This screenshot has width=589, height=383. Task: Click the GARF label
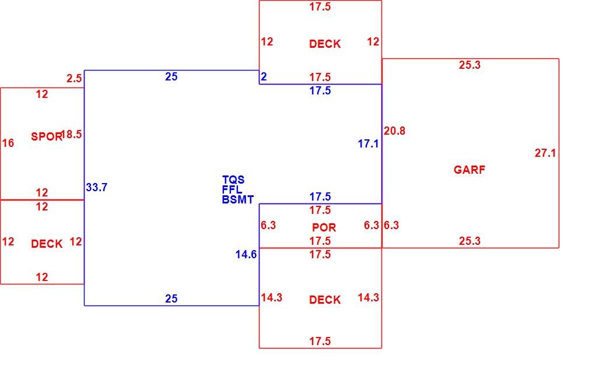point(469,170)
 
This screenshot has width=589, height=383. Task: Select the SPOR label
point(46,136)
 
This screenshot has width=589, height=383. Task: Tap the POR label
point(324,227)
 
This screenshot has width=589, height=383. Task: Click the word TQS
point(233,180)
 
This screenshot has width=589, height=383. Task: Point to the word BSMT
point(238,199)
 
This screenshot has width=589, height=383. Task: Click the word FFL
point(232,189)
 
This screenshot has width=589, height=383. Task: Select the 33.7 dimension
point(97,187)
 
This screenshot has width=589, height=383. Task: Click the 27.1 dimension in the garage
point(545,153)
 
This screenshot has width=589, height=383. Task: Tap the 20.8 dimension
point(394,131)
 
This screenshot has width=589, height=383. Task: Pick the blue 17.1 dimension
point(368,143)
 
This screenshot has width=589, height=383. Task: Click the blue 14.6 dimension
point(246,254)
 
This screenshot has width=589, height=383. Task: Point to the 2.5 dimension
point(74,78)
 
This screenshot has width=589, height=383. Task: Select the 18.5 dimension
point(71,134)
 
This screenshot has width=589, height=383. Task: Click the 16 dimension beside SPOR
point(8,143)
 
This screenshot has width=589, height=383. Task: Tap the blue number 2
point(264,76)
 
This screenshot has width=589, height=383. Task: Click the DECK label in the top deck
point(325,44)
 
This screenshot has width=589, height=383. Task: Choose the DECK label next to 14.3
point(325,300)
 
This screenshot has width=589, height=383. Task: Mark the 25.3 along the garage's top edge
point(469,65)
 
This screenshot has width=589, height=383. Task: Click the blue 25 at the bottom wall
point(171,298)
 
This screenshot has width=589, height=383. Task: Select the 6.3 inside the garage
point(391,225)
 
